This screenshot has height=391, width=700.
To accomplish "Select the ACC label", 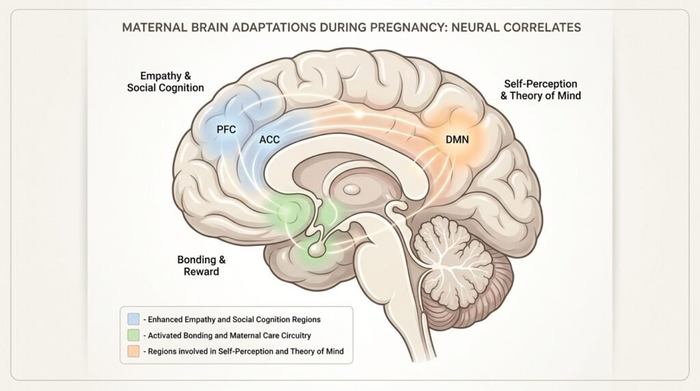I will click(269, 139).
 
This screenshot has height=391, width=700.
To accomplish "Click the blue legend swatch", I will click(133, 319).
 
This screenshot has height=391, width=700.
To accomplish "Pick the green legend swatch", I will click(133, 335).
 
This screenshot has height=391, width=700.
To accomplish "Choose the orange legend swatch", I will click(133, 351).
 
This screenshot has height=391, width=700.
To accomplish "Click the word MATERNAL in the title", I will click(152, 29).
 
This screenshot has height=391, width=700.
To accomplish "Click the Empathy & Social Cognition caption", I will click(165, 81).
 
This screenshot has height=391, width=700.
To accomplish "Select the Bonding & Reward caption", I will click(201, 265).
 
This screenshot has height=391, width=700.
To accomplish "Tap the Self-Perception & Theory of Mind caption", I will click(540, 89).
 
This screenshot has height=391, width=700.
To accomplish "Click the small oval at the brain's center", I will click(353, 187).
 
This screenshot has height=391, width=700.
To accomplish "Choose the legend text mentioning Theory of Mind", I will click(243, 351).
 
